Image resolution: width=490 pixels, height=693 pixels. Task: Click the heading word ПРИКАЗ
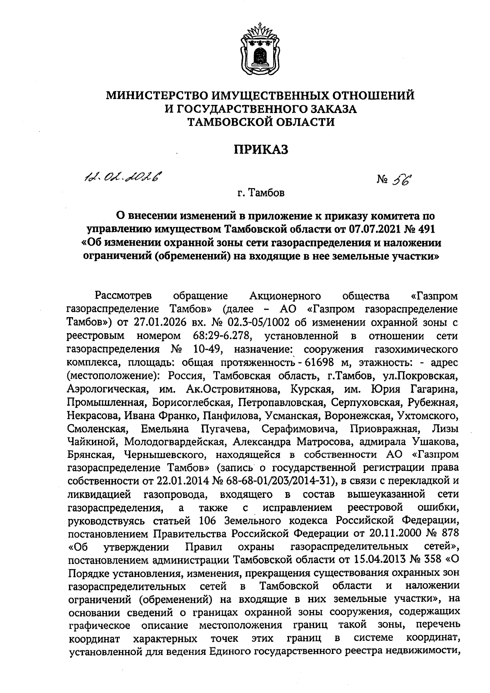tap(261, 150)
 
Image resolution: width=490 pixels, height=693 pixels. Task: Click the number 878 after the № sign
tap(448, 533)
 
